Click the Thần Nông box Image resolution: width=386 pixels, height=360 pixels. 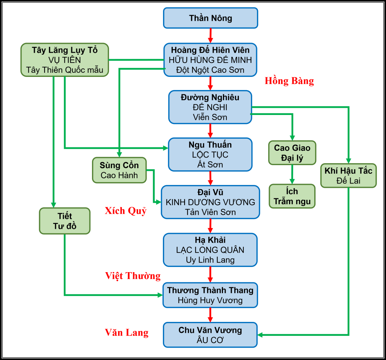point(211,18)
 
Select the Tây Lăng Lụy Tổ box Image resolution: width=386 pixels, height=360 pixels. point(65,60)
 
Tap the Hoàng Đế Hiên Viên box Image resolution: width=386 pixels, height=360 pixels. point(210,60)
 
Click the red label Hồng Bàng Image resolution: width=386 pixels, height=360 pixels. point(289,81)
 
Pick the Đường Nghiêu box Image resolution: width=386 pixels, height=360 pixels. point(210,107)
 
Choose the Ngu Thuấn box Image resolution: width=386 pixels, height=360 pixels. point(210,155)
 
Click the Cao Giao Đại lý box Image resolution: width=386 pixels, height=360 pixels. point(292,153)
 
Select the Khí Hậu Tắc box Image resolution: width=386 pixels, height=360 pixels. point(348,176)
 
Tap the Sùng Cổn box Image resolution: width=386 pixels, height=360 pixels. point(119,170)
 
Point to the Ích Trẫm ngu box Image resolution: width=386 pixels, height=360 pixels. point(292,196)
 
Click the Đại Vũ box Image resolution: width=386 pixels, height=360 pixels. point(210,202)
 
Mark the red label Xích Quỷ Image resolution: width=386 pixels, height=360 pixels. point(126,211)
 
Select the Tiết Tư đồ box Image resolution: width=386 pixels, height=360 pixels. point(65,221)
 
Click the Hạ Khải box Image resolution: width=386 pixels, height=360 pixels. point(210,250)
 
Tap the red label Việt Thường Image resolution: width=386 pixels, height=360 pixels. point(133,276)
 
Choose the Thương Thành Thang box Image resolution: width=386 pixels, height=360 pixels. point(210,295)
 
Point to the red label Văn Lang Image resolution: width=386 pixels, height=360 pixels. point(127,332)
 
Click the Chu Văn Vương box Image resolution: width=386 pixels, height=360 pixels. point(210,335)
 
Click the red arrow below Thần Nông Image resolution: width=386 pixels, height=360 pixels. point(211,35)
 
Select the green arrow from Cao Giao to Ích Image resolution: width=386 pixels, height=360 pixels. point(292,175)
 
